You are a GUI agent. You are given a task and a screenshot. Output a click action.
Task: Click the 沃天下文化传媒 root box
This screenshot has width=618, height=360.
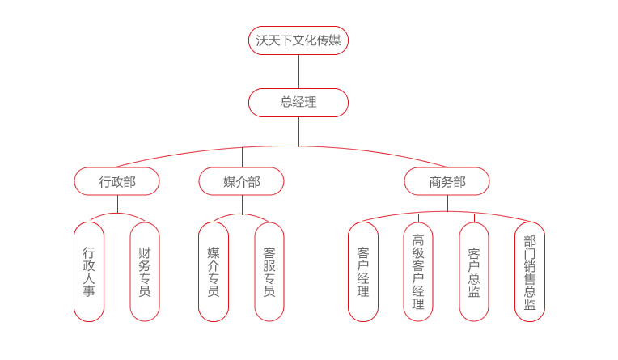click(298, 40)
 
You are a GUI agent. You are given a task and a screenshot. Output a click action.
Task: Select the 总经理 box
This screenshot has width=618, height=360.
click(298, 103)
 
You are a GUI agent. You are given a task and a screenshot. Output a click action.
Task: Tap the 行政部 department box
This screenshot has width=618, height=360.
click(117, 181)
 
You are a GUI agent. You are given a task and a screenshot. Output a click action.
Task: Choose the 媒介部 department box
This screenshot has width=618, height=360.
click(242, 181)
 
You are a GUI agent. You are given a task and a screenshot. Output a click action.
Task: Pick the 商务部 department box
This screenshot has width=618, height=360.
click(447, 181)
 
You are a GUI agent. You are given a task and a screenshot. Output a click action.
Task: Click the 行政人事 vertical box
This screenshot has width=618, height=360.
click(89, 272)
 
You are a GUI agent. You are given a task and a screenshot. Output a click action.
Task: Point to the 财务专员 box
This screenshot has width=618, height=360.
click(145, 272)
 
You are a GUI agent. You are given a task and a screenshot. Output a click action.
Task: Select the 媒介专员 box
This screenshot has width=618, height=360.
click(214, 272)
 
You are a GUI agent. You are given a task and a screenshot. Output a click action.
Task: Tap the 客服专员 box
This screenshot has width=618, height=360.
click(269, 272)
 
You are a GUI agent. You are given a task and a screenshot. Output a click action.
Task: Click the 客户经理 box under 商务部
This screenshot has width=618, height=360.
click(363, 272)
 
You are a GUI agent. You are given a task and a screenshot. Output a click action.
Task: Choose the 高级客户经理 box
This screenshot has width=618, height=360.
click(418, 272)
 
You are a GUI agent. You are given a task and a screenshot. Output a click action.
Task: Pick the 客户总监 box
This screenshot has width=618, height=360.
click(474, 272)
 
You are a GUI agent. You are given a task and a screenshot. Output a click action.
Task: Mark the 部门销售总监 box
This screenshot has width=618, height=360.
click(530, 272)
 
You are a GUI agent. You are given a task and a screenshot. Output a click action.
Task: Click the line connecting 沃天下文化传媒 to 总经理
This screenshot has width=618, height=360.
click(298, 71)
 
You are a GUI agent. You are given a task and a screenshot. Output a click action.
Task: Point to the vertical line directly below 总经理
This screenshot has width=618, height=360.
click(298, 131)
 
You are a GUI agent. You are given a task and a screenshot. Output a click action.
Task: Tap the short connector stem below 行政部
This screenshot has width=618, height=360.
click(117, 204)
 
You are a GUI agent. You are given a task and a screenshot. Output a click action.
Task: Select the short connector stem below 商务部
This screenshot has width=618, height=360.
click(447, 203)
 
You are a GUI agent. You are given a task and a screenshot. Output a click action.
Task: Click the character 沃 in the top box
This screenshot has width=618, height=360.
click(261, 40)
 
